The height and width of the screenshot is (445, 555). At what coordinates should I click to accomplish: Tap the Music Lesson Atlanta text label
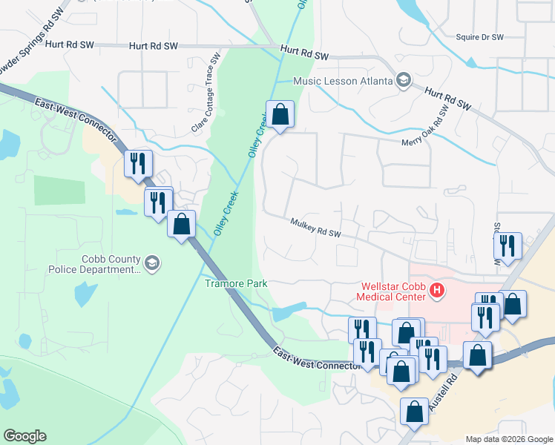pyautogui.click(x=343, y=81)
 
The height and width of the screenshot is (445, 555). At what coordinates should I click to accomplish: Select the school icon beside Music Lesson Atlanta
pyautogui.click(x=404, y=80)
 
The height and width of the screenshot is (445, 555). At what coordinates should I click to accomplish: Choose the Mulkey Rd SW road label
pyautogui.click(x=315, y=228)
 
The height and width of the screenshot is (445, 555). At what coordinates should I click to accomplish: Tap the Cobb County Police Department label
pyautogui.click(x=95, y=264)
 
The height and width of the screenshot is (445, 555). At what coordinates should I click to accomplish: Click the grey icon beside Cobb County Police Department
pyautogui.click(x=152, y=264)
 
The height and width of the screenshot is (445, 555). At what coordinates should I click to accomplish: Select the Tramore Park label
pyautogui.click(x=235, y=283)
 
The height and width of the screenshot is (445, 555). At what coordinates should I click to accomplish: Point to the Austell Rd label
pyautogui.click(x=455, y=390)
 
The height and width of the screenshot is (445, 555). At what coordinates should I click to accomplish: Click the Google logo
pyautogui.click(x=24, y=436)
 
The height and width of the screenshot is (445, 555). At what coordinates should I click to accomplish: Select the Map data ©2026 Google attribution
pyautogui.click(x=508, y=439)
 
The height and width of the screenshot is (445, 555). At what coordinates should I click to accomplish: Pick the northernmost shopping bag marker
pyautogui.click(x=280, y=116)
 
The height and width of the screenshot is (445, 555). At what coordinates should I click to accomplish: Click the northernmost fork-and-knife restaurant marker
pyautogui.click(x=138, y=164)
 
